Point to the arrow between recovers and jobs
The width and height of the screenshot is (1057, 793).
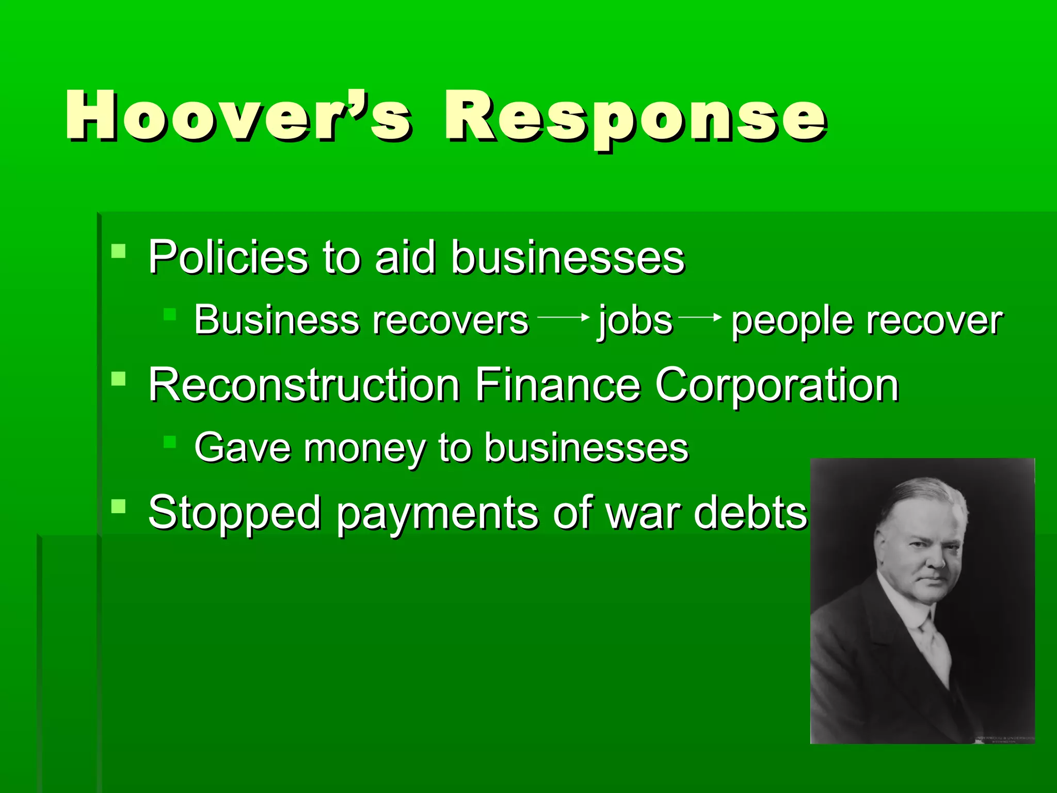pyautogui.click(x=563, y=317)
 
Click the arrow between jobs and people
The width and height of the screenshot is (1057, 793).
pyautogui.click(x=700, y=317)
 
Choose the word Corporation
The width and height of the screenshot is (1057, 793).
pyautogui.click(x=777, y=386)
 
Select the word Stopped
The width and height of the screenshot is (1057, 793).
pyautogui.click(x=235, y=513)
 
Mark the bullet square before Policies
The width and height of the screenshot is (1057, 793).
pyautogui.click(x=118, y=251)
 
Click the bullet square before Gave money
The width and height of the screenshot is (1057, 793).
pyautogui.click(x=169, y=441)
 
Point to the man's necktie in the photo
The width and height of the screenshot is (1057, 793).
pyautogui.click(x=934, y=645)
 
